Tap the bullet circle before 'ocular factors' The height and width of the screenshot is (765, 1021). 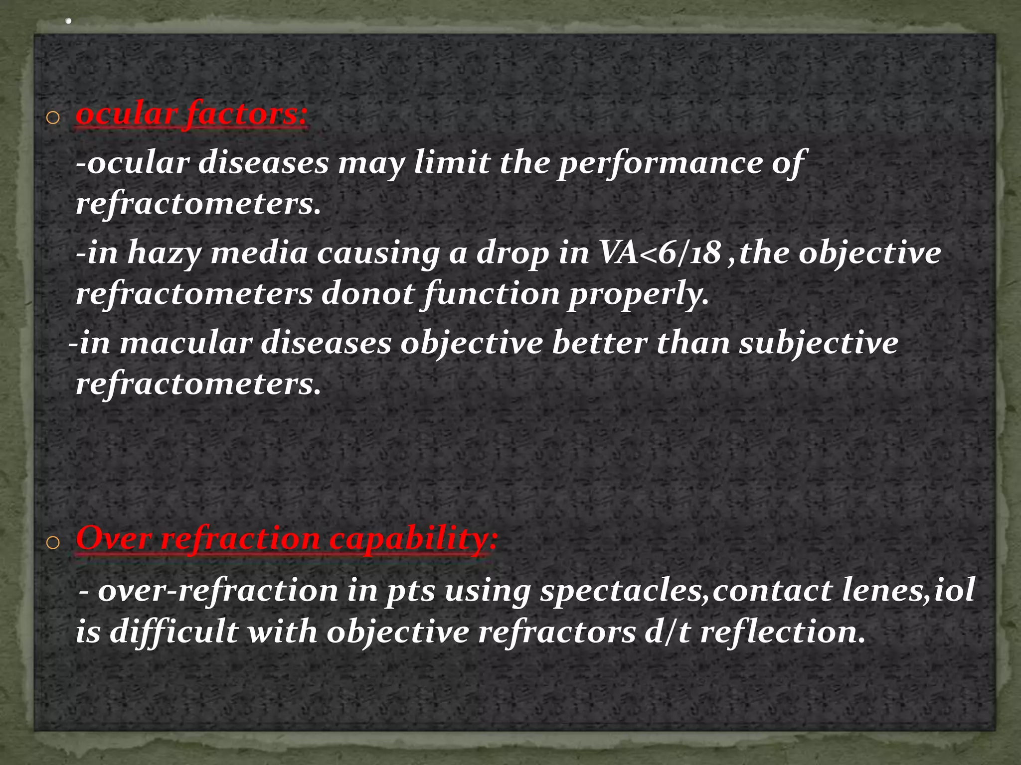52,118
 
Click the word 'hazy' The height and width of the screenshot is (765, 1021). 164,254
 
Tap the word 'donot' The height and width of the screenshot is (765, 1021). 367,293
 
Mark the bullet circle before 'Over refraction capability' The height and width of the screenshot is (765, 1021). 52,543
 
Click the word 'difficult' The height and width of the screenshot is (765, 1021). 173,632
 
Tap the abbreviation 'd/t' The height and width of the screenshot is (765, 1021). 667,632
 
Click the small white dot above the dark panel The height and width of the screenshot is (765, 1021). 69,21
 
